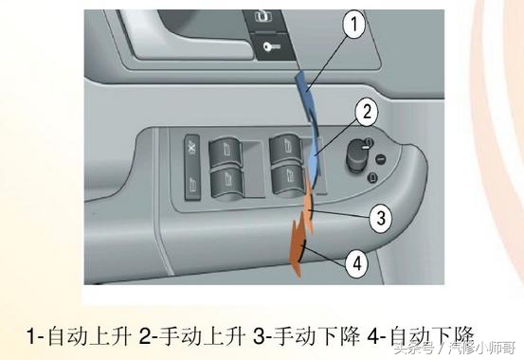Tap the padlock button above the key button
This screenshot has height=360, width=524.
pos(261,18)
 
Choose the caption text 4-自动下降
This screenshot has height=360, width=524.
pos(417,335)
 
